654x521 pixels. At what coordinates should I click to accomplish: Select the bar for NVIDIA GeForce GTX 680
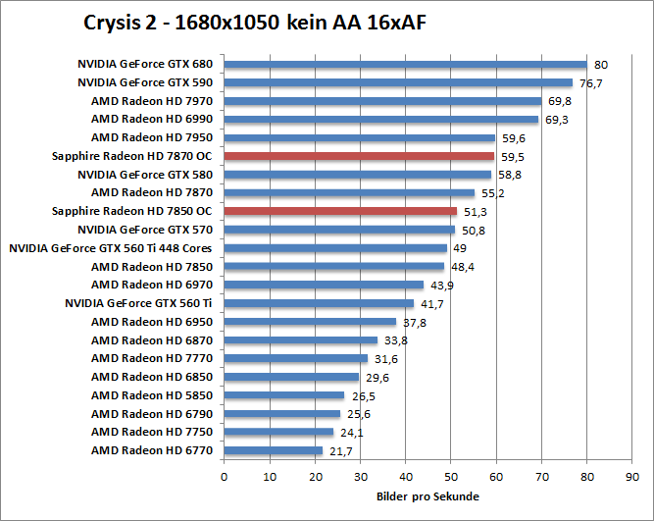405,65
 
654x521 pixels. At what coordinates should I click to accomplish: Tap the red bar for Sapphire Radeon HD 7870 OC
359,156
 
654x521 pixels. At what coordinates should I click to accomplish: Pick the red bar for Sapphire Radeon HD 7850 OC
340,211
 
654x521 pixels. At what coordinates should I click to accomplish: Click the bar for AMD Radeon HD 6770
274,450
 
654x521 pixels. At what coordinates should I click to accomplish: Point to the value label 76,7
590,83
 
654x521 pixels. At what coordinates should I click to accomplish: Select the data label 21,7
340,450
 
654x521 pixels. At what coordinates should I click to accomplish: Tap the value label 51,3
476,211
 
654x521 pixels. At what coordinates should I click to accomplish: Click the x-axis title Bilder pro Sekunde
428,496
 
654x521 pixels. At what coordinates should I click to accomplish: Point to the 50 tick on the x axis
451,476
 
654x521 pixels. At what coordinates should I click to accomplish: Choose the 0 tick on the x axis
225,476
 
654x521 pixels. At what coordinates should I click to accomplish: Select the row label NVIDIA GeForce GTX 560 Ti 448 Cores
112,248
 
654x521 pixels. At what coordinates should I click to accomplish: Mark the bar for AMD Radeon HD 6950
310,322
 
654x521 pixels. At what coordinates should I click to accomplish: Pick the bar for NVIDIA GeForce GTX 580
358,175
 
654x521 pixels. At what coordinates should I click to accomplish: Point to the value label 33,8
395,340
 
